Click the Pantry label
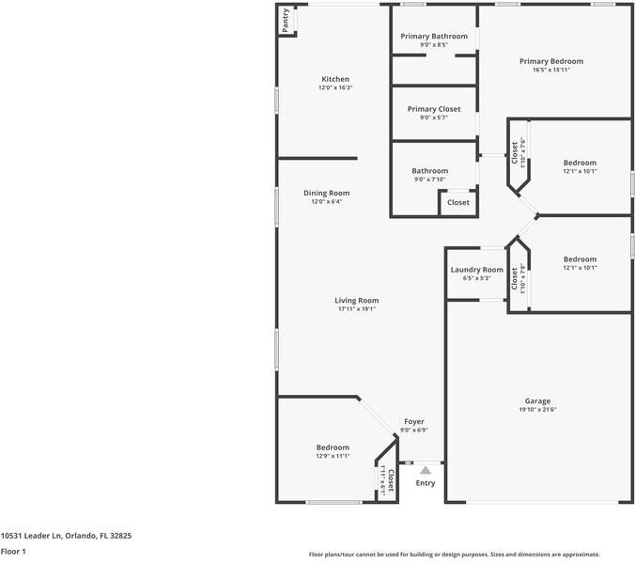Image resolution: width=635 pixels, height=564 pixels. [x=285, y=20]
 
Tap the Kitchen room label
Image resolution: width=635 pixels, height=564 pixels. [x=335, y=79]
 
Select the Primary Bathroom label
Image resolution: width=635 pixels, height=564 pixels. [x=433, y=36]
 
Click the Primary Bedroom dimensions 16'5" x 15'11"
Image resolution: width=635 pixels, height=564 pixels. [x=551, y=70]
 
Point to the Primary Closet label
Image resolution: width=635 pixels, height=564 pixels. [x=433, y=109]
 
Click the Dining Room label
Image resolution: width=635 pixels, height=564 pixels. [x=326, y=193]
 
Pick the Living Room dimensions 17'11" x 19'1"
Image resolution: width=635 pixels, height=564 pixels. [x=356, y=308]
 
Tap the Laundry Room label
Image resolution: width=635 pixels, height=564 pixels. [x=476, y=270]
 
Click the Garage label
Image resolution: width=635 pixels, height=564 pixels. [x=537, y=400]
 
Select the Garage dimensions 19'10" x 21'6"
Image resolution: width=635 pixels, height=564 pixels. [x=537, y=409]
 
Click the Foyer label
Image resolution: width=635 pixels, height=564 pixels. [x=414, y=421]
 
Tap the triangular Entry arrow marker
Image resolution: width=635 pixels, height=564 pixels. [x=426, y=468]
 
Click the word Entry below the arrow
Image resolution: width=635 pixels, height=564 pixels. [x=426, y=483]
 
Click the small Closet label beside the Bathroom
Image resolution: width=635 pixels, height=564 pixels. [x=457, y=202]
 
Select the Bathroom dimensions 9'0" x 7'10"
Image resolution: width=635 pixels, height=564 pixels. [x=429, y=180]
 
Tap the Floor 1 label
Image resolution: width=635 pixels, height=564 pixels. [x=13, y=551]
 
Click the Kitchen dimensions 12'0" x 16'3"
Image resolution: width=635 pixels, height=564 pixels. [x=335, y=87]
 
